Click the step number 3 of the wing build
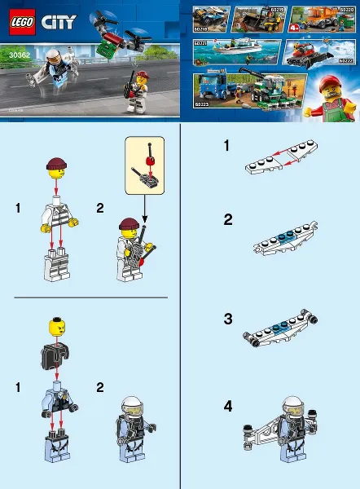(x=229, y=319)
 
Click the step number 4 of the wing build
(x=229, y=405)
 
